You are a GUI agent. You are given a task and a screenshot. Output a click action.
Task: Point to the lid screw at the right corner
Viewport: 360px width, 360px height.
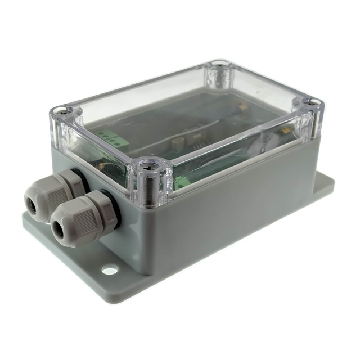[313, 103]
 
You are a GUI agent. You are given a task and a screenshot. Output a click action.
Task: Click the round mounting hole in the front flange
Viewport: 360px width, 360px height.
[110, 271]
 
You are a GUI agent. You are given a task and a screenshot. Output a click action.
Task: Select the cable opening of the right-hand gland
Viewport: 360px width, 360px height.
[57, 230]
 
